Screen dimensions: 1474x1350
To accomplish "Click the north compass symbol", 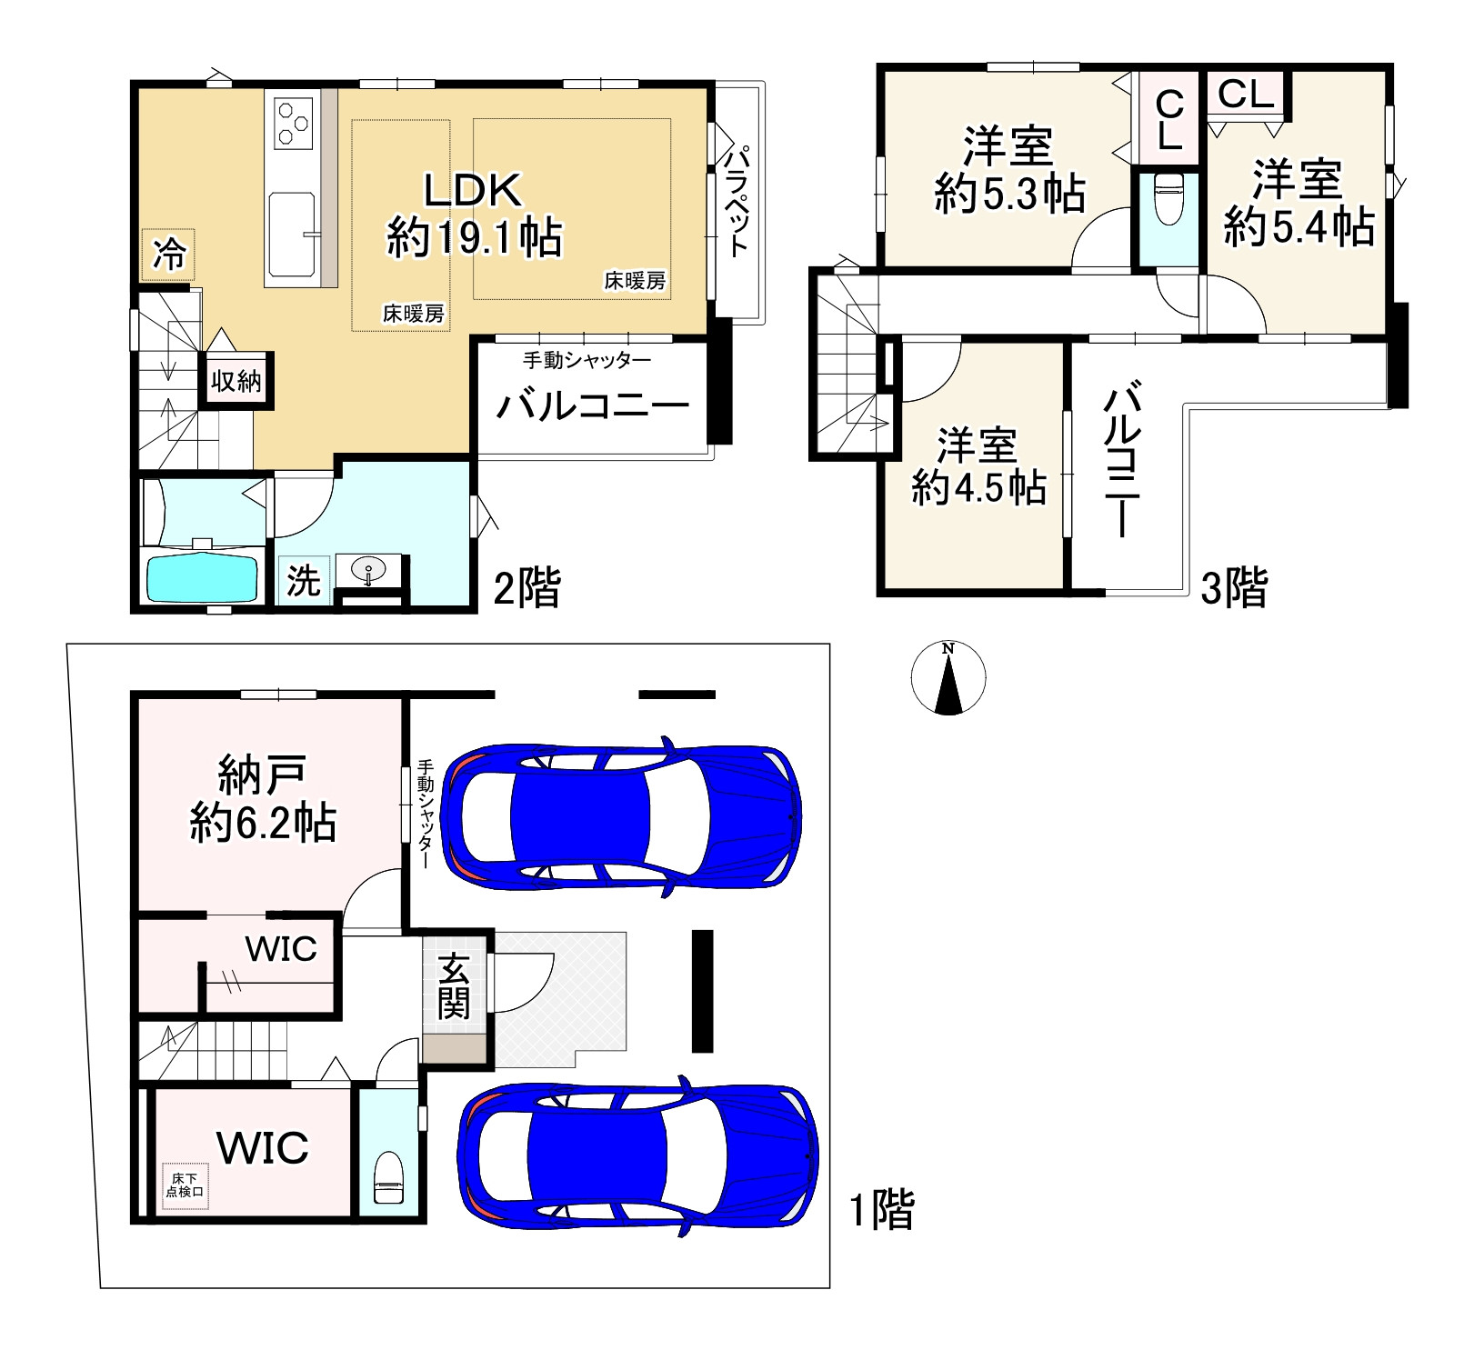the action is tap(948, 677).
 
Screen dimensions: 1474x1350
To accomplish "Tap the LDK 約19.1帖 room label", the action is tap(474, 215).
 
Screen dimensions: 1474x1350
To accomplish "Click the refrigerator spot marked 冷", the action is tap(168, 255).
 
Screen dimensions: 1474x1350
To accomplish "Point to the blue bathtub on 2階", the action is tap(202, 576).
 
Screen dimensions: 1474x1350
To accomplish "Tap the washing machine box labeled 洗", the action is tap(304, 580).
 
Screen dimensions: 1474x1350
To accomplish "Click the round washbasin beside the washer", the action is tap(369, 572).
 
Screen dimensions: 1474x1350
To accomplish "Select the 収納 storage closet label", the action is tap(236, 380).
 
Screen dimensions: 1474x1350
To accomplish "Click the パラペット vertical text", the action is tap(736, 199).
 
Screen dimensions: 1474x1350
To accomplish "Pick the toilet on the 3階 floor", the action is tap(1168, 199).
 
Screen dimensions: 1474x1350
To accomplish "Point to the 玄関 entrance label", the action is tap(454, 986).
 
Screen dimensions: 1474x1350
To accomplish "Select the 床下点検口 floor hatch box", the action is tap(185, 1185).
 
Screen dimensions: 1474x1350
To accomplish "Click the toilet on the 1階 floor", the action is tap(388, 1178).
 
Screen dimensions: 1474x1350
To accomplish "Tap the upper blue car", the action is tap(621, 815).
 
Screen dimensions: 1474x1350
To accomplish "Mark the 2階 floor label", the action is tap(526, 587).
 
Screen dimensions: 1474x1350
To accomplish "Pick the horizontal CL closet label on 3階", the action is tap(1245, 93).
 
